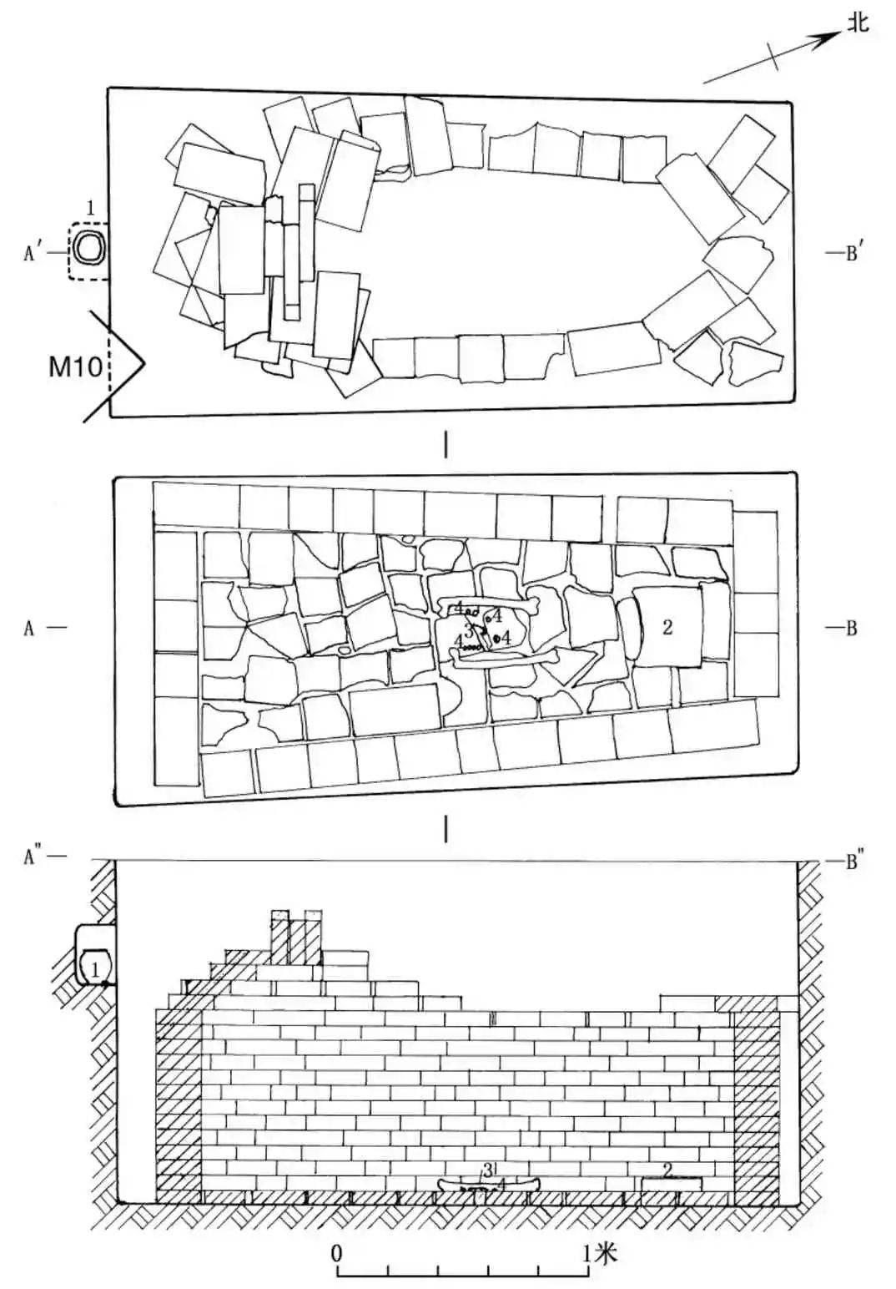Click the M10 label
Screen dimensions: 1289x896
tap(75, 366)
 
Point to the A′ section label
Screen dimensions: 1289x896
tap(33, 253)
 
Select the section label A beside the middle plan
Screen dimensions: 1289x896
tap(29, 629)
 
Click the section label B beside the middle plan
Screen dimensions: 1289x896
tap(851, 629)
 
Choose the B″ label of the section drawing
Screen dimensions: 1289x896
tap(852, 861)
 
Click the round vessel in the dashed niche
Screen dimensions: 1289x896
tap(87, 248)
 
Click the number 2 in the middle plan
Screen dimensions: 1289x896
tap(667, 626)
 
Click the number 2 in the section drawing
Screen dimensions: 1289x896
tap(668, 1170)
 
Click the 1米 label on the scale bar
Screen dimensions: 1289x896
tap(601, 1252)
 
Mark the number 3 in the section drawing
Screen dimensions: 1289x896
tap(487, 1170)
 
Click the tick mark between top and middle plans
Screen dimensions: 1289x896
tap(447, 446)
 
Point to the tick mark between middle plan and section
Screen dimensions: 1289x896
tap(447, 828)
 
